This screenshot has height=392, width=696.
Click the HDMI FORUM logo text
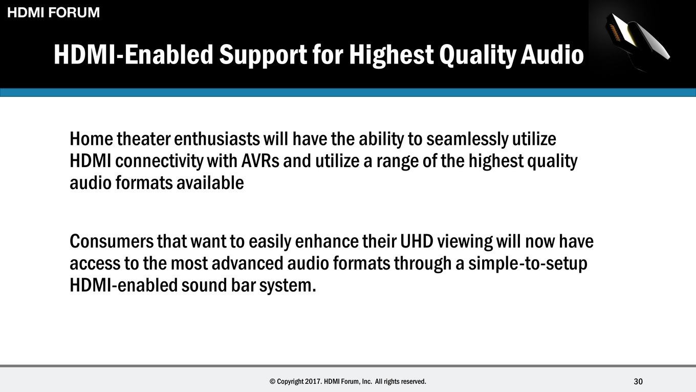pyautogui.click(x=53, y=12)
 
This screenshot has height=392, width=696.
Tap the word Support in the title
pyautogui.click(x=263, y=55)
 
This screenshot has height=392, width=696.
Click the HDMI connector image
pyautogui.click(x=637, y=39)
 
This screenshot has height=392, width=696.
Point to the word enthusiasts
pyautogui.click(x=217, y=139)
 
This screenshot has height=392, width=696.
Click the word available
pyautogui.click(x=210, y=182)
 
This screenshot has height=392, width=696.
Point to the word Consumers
pyautogui.click(x=112, y=241)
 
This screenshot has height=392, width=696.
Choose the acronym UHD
pyautogui.click(x=417, y=241)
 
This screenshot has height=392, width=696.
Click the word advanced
pyautogui.click(x=247, y=263)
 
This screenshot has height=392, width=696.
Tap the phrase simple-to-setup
pyautogui.click(x=528, y=264)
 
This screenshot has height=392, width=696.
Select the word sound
pyautogui.click(x=204, y=285)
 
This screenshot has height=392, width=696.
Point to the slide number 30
pyautogui.click(x=638, y=381)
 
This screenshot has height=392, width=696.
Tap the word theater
pyautogui.click(x=143, y=139)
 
